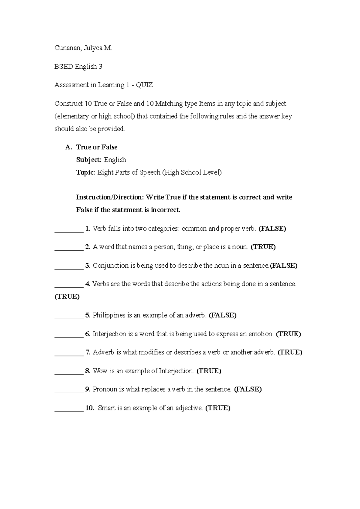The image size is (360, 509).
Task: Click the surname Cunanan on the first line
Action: click(x=67, y=48)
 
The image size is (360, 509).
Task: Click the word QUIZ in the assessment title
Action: click(x=144, y=85)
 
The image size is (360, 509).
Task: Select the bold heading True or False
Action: click(x=97, y=147)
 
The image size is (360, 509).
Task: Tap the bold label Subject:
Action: click(x=89, y=160)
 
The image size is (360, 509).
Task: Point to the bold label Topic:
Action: click(x=85, y=173)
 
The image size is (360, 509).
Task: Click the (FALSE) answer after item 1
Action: click(x=272, y=229)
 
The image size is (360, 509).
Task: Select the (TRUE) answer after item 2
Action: click(x=263, y=247)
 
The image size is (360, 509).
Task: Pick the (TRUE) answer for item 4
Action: click(x=67, y=297)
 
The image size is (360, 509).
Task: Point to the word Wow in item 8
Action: click(x=100, y=371)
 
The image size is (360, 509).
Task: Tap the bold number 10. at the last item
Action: click(x=90, y=408)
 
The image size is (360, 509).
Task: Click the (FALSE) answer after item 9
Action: click(x=247, y=389)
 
